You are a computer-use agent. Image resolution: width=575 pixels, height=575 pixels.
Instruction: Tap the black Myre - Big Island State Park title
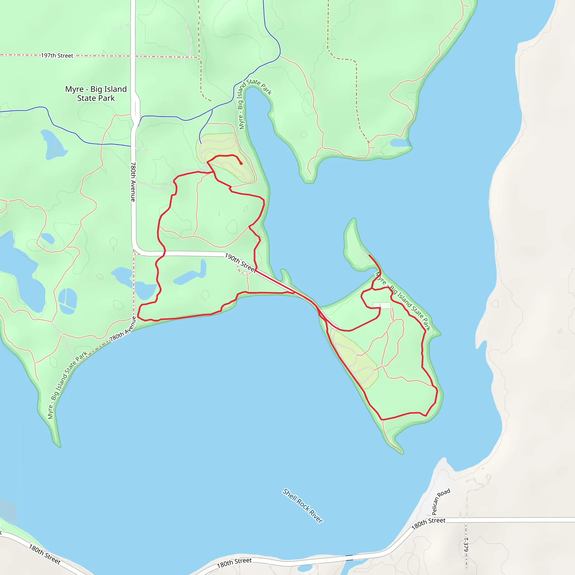pyautogui.click(x=96, y=93)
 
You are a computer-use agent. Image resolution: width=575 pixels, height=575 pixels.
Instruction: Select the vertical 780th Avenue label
pyautogui.click(x=133, y=182)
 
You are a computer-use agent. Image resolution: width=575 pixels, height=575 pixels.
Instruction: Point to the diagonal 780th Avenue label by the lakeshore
pyautogui.click(x=123, y=329)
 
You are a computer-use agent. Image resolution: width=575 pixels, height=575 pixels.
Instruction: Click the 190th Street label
pyautogui.click(x=240, y=263)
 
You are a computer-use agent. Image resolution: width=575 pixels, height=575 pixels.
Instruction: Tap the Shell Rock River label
pyautogui.click(x=302, y=506)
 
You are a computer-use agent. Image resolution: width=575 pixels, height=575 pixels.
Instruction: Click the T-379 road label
pyautogui.click(x=466, y=544)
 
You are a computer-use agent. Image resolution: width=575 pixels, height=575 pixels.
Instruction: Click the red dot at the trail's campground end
pyautogui.click(x=241, y=163)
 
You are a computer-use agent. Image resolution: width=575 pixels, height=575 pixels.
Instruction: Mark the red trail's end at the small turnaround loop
pyautogui.click(x=369, y=255)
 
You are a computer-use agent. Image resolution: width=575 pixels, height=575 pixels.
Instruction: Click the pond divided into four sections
pyautogui.click(x=68, y=301)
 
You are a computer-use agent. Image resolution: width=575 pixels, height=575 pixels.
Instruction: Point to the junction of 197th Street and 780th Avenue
pyautogui.click(x=133, y=56)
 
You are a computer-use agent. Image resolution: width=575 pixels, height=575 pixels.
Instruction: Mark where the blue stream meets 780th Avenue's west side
pyautogui.click(x=131, y=146)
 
